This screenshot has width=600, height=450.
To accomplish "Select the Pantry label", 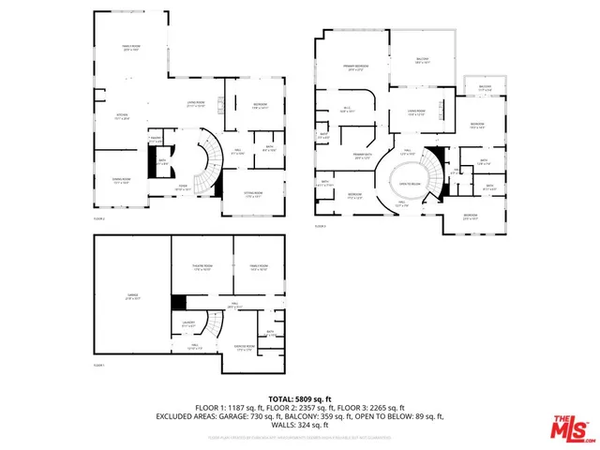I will point(156,141).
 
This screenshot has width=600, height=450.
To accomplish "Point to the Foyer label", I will point(185,186).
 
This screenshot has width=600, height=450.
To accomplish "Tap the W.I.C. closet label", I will point(347,110).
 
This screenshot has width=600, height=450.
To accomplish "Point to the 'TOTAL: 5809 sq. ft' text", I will point(299,397).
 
